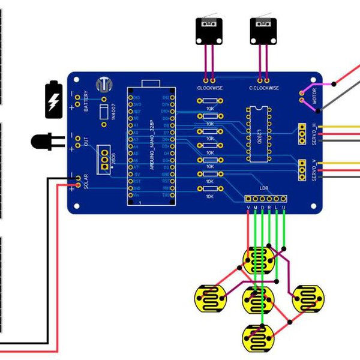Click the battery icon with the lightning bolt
[53, 100]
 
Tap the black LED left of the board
[42, 142]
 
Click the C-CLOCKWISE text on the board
[264, 88]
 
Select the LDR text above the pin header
[264, 188]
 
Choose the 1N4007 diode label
[113, 112]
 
